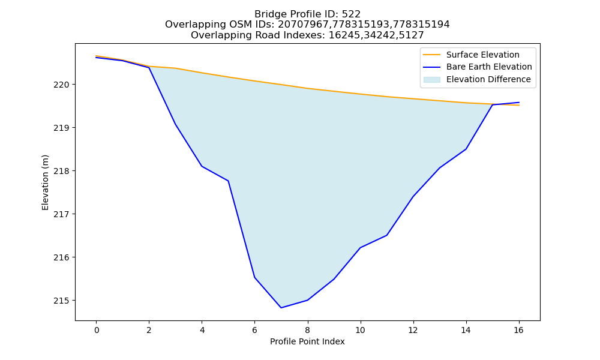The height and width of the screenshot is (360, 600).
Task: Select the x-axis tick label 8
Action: (x=307, y=330)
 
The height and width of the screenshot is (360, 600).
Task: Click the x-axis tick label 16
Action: (x=518, y=330)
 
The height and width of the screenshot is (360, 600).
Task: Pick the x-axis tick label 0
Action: (x=97, y=330)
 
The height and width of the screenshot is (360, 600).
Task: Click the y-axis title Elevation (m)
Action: (x=45, y=182)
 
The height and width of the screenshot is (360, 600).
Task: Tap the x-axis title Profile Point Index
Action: (x=307, y=341)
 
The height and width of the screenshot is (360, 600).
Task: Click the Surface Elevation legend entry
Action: (x=472, y=55)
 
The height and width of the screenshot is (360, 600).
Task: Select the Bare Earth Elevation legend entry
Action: (x=478, y=67)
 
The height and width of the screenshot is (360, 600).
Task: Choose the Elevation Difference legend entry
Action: (x=477, y=80)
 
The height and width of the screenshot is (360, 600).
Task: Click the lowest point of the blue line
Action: (x=281, y=308)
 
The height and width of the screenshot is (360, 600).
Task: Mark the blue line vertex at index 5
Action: (x=228, y=181)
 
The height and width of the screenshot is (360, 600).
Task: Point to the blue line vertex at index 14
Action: (x=466, y=149)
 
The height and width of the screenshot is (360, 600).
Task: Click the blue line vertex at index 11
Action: (x=386, y=235)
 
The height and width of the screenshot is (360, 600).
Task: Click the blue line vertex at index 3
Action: (x=175, y=124)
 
